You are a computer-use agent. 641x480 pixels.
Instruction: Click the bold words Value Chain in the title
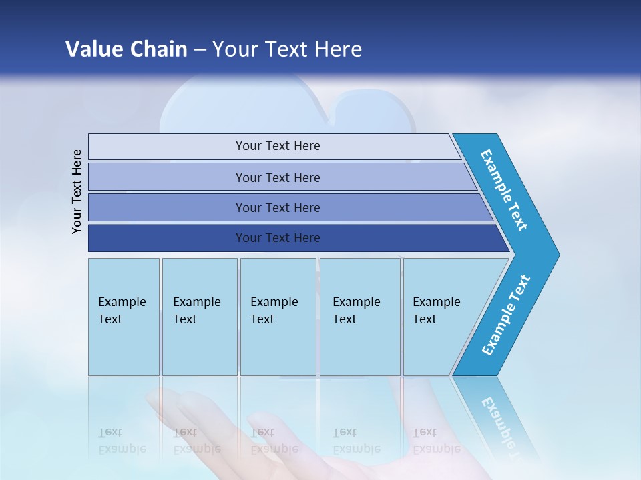click(126, 49)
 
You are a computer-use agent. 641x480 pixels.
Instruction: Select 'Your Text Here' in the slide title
click(287, 49)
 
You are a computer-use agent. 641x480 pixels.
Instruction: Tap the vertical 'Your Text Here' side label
click(77, 191)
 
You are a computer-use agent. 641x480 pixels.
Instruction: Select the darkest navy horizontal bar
click(167, 238)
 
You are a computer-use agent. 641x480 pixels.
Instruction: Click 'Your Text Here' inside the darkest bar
click(278, 238)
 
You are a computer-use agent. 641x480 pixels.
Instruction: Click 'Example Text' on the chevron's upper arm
click(504, 190)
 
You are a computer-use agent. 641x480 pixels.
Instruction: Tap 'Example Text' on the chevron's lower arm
click(506, 315)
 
